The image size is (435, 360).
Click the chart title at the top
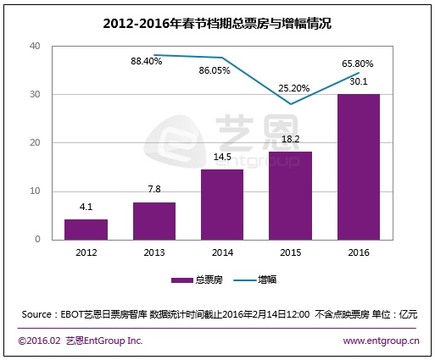(217, 24)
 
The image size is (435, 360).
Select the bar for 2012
(86, 230)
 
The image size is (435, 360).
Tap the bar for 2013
(153, 221)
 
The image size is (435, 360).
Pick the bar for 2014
(221, 205)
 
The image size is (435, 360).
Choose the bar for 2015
(289, 196)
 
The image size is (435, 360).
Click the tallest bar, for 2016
(357, 167)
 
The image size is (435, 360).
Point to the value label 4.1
(86, 207)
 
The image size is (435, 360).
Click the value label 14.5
(221, 157)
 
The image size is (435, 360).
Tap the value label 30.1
(357, 81)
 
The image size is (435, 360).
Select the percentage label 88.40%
(148, 62)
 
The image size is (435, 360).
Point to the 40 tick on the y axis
(35, 46)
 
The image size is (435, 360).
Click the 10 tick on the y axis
(35, 191)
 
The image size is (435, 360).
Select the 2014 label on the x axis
(221, 252)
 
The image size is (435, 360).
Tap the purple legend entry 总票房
(196, 280)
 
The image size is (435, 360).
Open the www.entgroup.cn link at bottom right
(381, 341)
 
